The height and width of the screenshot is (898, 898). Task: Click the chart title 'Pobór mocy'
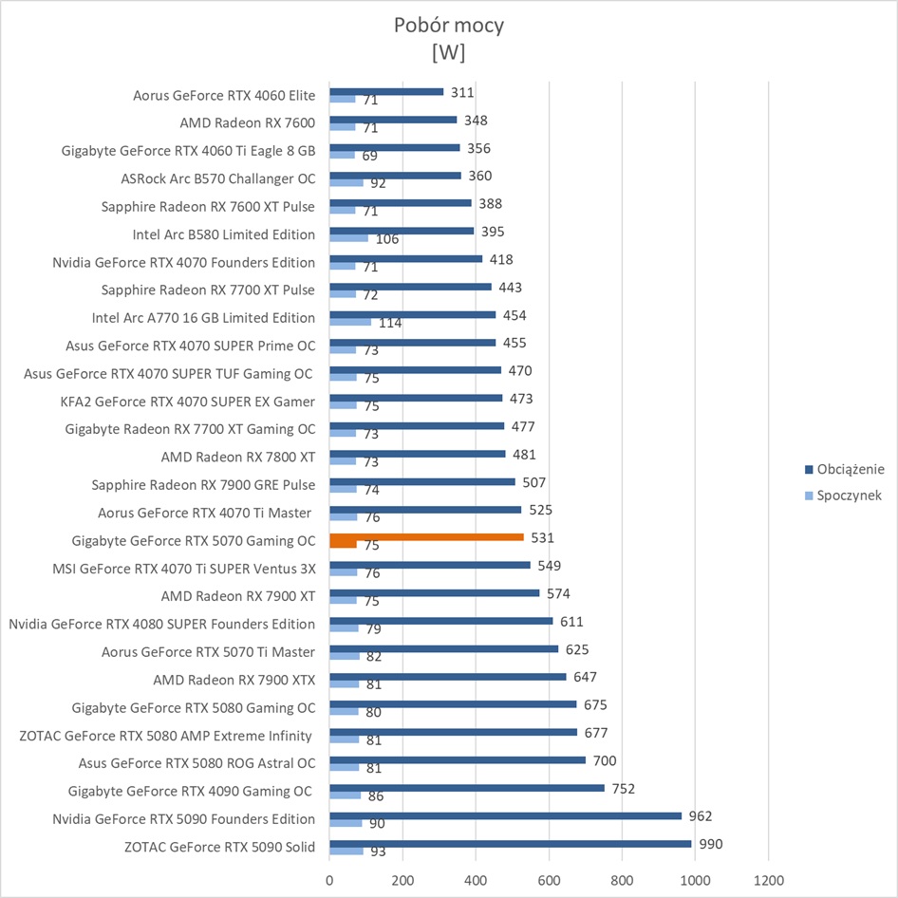[x=448, y=26]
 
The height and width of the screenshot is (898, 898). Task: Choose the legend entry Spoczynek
[x=849, y=496]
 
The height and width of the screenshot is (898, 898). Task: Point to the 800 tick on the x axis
[x=622, y=880]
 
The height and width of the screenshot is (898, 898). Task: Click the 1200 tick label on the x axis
[x=768, y=880]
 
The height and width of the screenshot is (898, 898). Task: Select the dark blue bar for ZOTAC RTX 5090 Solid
[x=510, y=844]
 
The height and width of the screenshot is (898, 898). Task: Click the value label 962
[x=701, y=815]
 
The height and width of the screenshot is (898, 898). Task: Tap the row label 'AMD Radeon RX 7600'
[x=247, y=122]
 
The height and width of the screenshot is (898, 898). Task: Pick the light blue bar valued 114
[x=350, y=322]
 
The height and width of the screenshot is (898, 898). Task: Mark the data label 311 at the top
[x=462, y=92]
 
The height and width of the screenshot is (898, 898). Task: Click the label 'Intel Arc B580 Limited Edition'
[x=223, y=234]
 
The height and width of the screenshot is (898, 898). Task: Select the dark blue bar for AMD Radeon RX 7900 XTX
[x=447, y=677]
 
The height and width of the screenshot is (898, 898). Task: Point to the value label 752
[x=623, y=788]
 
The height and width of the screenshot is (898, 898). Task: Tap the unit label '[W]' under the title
[x=448, y=53]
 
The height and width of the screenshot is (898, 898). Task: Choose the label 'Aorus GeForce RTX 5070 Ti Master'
[x=208, y=651]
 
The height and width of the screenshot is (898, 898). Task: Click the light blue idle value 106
[x=387, y=239]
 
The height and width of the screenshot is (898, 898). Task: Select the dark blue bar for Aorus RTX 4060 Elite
[x=386, y=91]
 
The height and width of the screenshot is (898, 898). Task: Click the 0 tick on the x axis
[x=329, y=880]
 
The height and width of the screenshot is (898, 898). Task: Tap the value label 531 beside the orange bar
[x=542, y=538]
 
